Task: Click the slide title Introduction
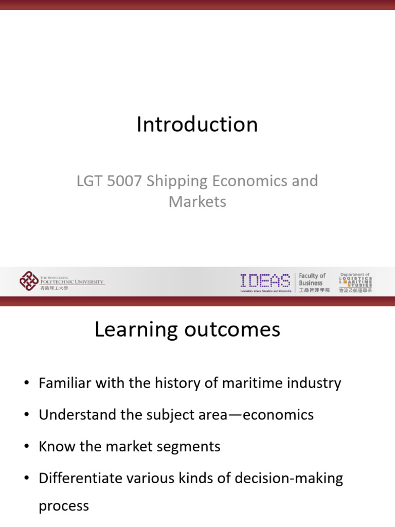(197, 125)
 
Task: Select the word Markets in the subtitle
(197, 201)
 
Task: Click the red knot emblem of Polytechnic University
(28, 281)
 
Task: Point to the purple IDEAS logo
(265, 281)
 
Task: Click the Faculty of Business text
(312, 280)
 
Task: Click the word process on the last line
(64, 506)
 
